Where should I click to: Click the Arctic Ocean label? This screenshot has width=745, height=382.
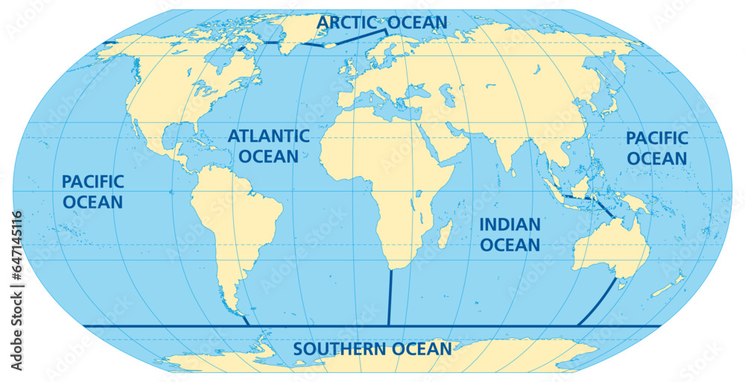tap(381, 22)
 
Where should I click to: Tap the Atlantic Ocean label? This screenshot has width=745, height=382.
tap(268, 146)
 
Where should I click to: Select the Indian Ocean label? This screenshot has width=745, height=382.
tap(510, 234)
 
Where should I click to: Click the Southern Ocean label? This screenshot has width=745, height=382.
tap(372, 348)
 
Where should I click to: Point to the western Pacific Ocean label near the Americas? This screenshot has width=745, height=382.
tap(92, 192)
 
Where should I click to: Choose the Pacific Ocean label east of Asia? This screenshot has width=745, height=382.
tap(656, 148)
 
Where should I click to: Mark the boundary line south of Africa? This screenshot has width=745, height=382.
tap(390, 298)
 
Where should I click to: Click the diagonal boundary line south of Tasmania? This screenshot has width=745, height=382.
tap(596, 304)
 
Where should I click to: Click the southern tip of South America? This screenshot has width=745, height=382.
tap(240, 316)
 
